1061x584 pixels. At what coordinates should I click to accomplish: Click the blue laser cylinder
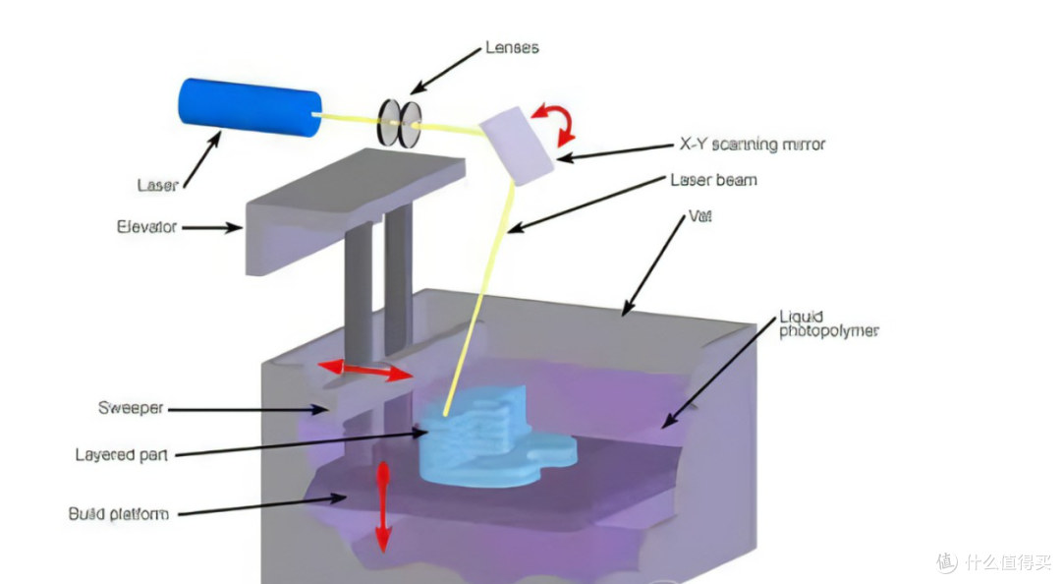click(x=249, y=107)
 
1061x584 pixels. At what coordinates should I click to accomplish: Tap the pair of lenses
click(x=399, y=123)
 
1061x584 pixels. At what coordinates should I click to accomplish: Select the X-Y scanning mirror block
click(x=517, y=146)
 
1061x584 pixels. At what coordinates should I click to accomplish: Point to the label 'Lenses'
click(x=512, y=47)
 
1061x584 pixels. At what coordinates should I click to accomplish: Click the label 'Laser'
click(x=157, y=185)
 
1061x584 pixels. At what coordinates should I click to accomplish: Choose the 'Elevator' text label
click(x=146, y=227)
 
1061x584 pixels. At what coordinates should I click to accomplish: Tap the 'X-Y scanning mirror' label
click(x=753, y=145)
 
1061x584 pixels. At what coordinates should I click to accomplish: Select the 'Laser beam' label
click(x=714, y=180)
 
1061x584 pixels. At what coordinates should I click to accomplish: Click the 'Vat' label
click(x=700, y=216)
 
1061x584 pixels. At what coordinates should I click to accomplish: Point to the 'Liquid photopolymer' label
click(x=829, y=323)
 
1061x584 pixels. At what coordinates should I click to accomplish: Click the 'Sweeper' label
click(x=131, y=408)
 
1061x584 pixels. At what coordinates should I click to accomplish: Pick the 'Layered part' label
click(x=121, y=454)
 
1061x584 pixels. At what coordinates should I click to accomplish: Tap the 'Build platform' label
click(x=119, y=513)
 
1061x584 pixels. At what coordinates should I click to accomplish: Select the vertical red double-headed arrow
click(x=383, y=506)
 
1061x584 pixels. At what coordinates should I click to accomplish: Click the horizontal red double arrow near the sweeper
click(x=365, y=370)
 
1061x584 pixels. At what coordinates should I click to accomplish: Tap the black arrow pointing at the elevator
click(x=212, y=228)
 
